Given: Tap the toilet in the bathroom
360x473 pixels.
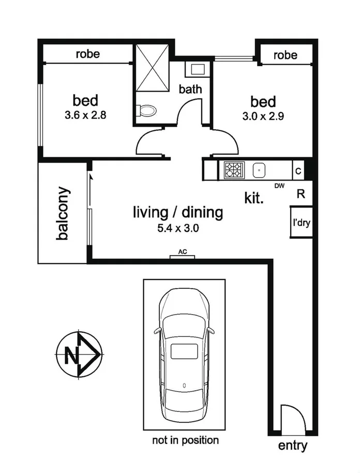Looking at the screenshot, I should [x=146, y=110].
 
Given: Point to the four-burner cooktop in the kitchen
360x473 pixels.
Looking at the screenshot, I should [x=233, y=170].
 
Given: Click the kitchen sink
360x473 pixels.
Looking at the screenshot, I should [x=259, y=170].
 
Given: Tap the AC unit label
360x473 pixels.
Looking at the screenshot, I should [x=183, y=252].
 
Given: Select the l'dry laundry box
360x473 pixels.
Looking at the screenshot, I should [x=301, y=223].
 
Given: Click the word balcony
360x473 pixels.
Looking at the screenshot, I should [x=63, y=213].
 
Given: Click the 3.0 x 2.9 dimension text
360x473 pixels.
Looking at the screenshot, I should [x=263, y=116].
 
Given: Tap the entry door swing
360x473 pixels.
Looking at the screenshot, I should [x=288, y=417].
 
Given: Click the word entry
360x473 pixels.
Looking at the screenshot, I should [x=293, y=446].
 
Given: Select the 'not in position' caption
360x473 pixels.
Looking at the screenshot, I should [x=185, y=440].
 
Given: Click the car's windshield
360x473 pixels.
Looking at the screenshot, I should [x=184, y=326].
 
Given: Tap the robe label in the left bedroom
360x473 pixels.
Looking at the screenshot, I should [x=87, y=53].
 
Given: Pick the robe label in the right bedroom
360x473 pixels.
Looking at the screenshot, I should [x=286, y=55].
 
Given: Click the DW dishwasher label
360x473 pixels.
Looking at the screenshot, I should [x=280, y=186].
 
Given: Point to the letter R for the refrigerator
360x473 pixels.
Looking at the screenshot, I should [x=301, y=194].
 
